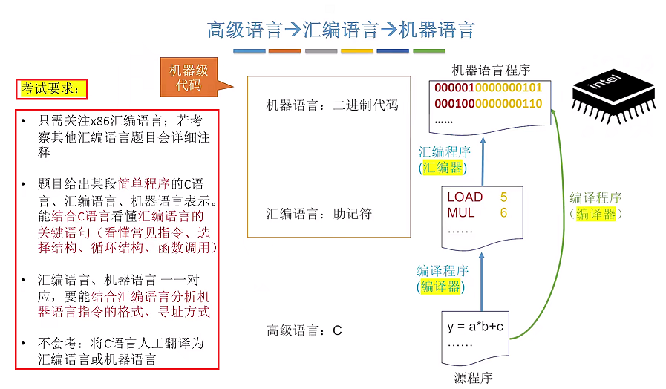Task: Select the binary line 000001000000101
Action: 489,88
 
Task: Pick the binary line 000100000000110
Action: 489,103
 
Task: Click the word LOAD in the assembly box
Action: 465,197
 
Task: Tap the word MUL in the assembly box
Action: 460,213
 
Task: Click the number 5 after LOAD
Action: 503,197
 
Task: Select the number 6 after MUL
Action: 503,213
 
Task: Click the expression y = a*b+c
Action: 475,327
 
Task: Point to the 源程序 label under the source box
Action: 473,378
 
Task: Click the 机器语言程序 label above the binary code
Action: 491,70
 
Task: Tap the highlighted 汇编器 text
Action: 443,168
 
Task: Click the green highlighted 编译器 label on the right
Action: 595,214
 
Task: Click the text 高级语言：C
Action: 304,330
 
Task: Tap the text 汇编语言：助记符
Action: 319,214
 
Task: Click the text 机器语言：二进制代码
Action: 332,105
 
